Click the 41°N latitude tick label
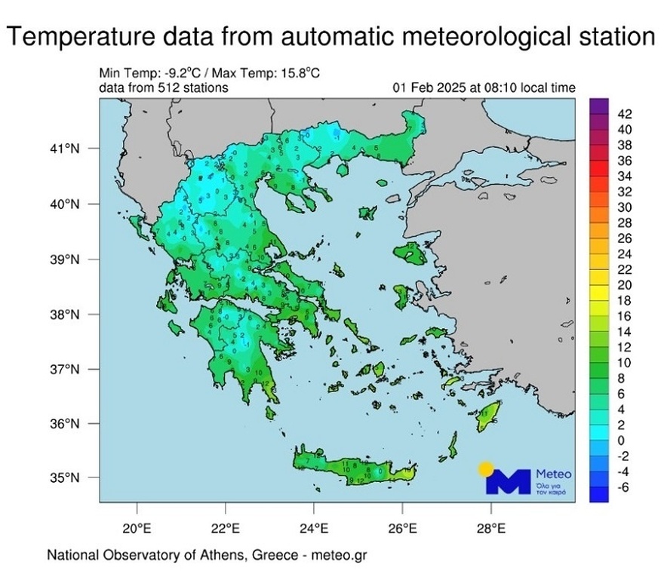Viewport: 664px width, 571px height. (x=66, y=149)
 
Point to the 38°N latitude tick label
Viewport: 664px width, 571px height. (x=66, y=315)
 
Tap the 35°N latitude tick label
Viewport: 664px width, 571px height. (x=66, y=477)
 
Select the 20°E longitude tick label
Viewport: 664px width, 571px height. (x=137, y=527)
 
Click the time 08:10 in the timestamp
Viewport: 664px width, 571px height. (x=490, y=88)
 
